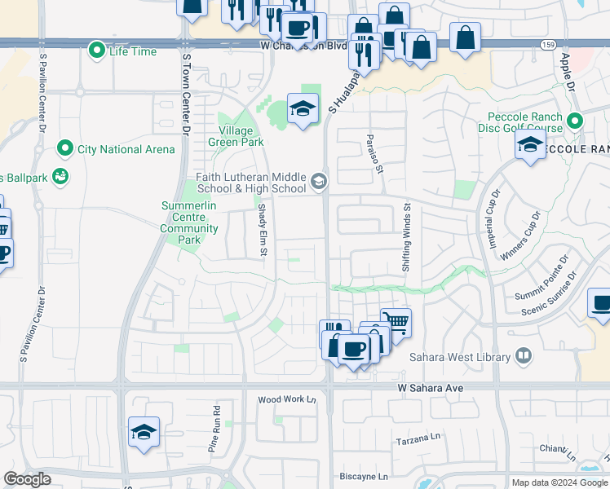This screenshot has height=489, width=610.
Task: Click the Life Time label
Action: tap(133, 51)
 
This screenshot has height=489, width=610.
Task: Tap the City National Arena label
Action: tap(126, 149)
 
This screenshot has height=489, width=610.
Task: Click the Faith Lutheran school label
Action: tap(250, 183)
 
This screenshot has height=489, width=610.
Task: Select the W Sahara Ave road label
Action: tap(431, 389)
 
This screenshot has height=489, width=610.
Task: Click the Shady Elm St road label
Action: tap(263, 230)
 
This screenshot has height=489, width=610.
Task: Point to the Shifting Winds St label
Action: tap(406, 239)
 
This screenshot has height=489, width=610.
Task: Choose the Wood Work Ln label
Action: tap(286, 399)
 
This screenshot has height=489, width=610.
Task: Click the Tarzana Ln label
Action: tap(418, 440)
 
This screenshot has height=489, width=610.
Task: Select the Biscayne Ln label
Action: tap(364, 476)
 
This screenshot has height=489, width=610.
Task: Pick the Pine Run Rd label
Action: tap(214, 430)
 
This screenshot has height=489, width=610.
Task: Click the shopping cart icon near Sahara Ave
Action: tap(396, 321)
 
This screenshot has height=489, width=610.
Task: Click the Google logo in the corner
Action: tap(27, 479)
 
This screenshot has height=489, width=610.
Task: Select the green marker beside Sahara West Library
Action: tap(523, 356)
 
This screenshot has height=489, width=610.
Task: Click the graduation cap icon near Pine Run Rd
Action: tap(144, 431)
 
